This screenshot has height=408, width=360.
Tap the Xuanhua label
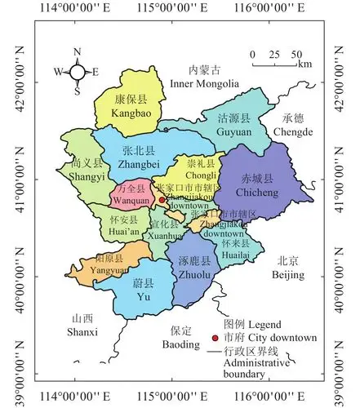coord(166,233)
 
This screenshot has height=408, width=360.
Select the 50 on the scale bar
coord(296,54)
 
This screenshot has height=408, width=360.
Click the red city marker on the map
coord(162,198)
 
